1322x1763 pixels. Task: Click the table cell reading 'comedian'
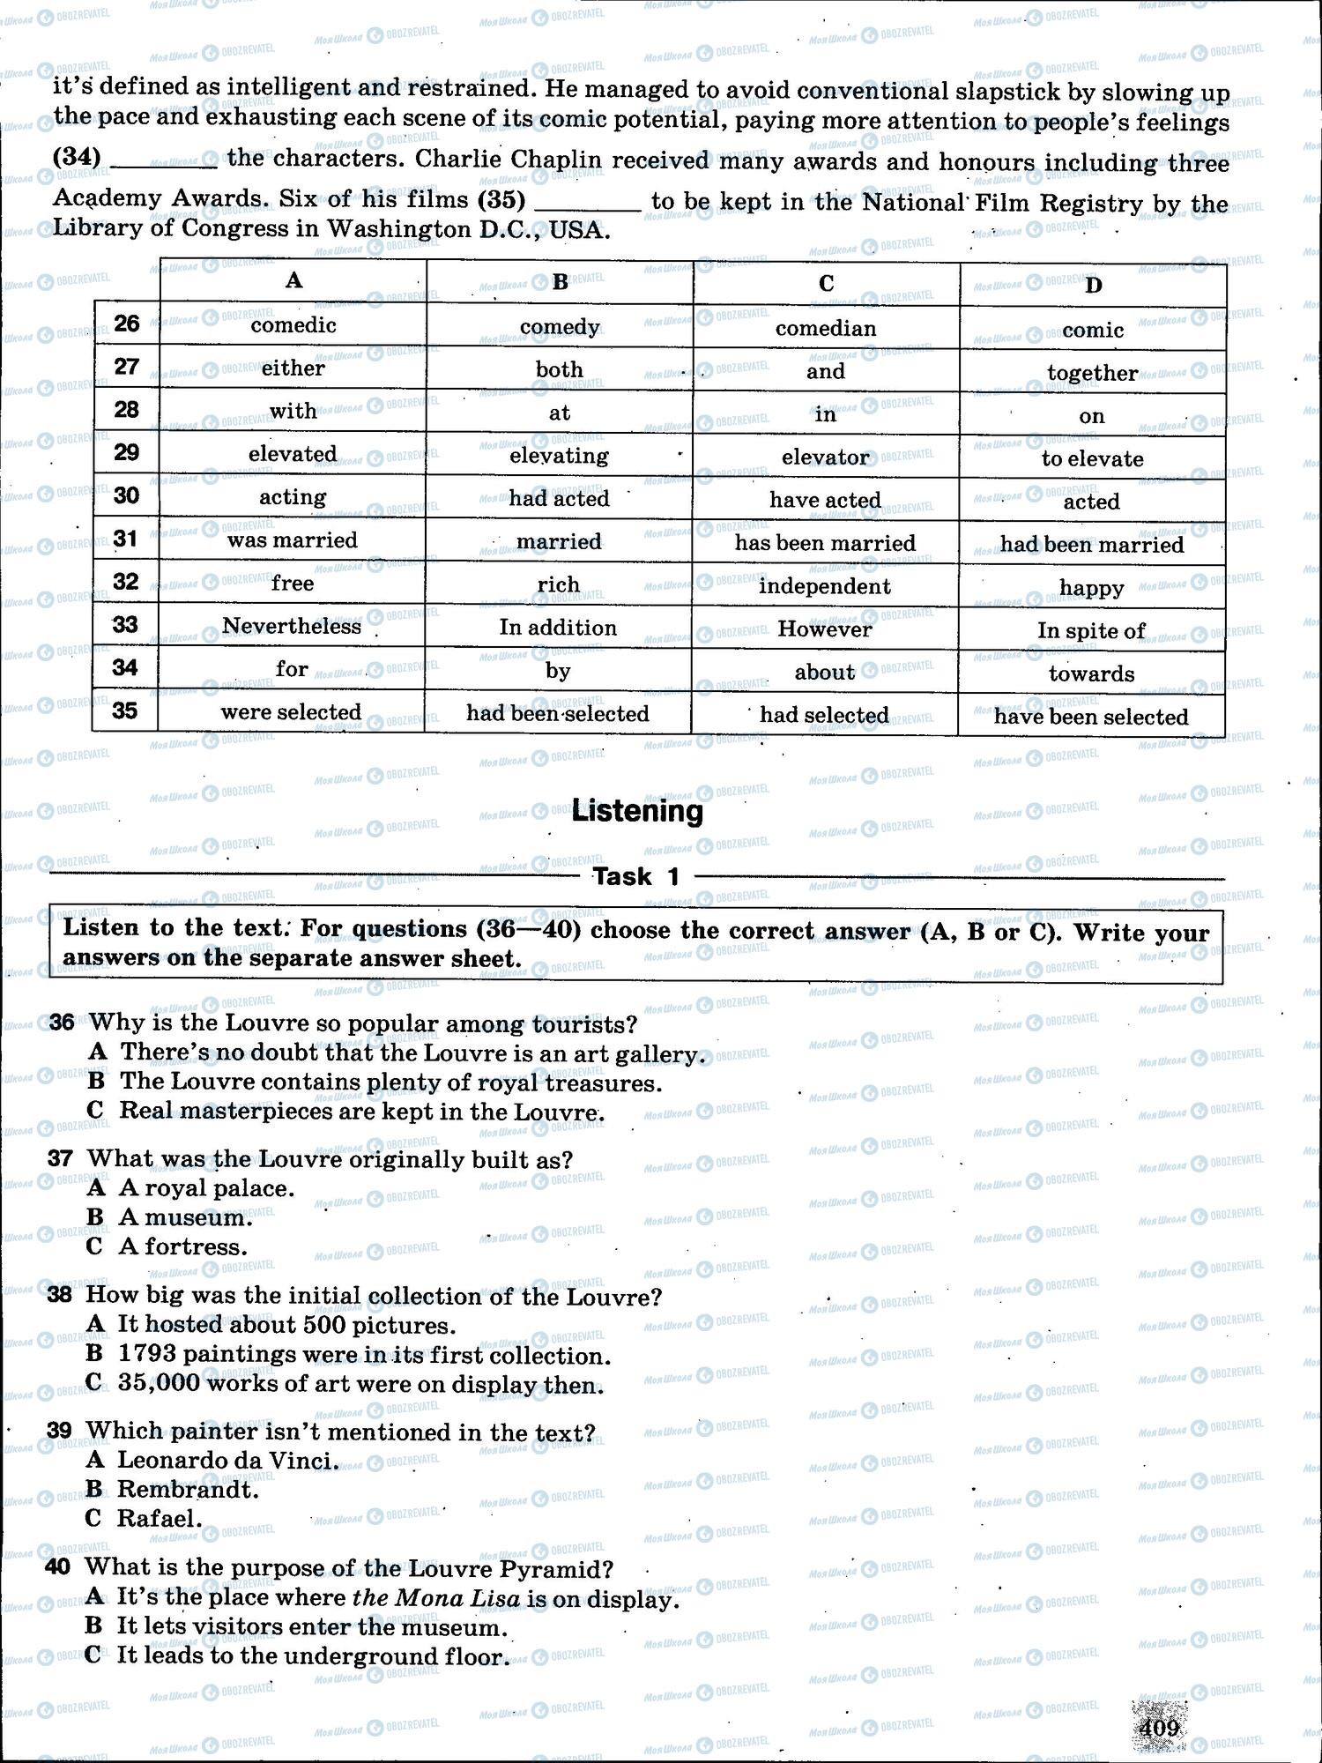click(826, 329)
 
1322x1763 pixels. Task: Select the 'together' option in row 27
click(1092, 373)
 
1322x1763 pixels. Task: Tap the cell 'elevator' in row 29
click(826, 457)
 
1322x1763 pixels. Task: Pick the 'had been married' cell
click(1091, 545)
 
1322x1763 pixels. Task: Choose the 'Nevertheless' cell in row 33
click(292, 627)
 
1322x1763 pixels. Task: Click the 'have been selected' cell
click(1091, 717)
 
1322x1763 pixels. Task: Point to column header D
click(1093, 285)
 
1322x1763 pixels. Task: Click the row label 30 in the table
click(126, 496)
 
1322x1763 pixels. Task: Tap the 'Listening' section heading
click(637, 811)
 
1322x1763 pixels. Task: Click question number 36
click(61, 1023)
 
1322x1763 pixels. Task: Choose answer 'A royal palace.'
click(206, 1188)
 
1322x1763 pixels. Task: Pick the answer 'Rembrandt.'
click(188, 1490)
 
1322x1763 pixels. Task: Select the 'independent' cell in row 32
click(824, 586)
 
